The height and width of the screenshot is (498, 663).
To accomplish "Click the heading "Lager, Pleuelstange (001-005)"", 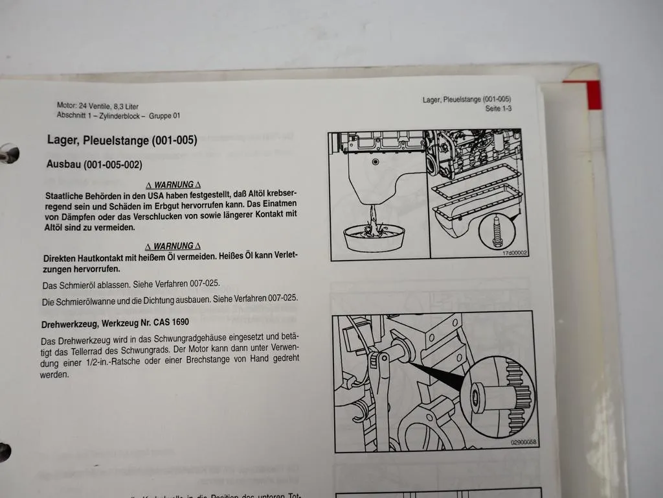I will pyautogui.click(x=122, y=139).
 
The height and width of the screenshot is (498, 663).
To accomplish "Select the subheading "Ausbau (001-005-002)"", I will pyautogui.click(x=94, y=165).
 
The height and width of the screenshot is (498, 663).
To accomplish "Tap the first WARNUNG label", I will pyautogui.click(x=173, y=185).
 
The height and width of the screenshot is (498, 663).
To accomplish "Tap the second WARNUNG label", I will pyautogui.click(x=173, y=246).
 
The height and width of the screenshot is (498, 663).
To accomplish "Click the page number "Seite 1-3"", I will pyautogui.click(x=499, y=109).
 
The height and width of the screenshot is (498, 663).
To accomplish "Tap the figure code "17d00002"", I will pyautogui.click(x=515, y=253).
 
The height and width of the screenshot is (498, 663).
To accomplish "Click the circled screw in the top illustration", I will pyautogui.click(x=498, y=230).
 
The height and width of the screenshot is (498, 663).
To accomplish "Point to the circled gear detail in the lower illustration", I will pyautogui.click(x=501, y=395).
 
